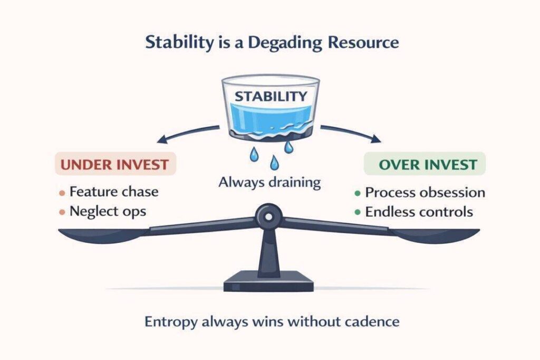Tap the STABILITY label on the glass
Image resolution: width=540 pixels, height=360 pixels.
pos(271,96)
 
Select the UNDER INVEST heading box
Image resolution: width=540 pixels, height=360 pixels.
pos(115,164)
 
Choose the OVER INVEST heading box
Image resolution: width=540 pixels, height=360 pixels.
pos(425,164)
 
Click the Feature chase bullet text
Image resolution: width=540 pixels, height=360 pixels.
pos(114,191)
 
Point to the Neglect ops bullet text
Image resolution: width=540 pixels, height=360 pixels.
pos(109,212)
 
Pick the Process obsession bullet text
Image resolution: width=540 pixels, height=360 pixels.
pos(425,192)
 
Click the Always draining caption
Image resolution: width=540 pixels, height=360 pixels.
pos(270,183)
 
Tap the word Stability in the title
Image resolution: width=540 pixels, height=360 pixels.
pos(176,43)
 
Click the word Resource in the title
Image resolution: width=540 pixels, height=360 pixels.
pos(369,43)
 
